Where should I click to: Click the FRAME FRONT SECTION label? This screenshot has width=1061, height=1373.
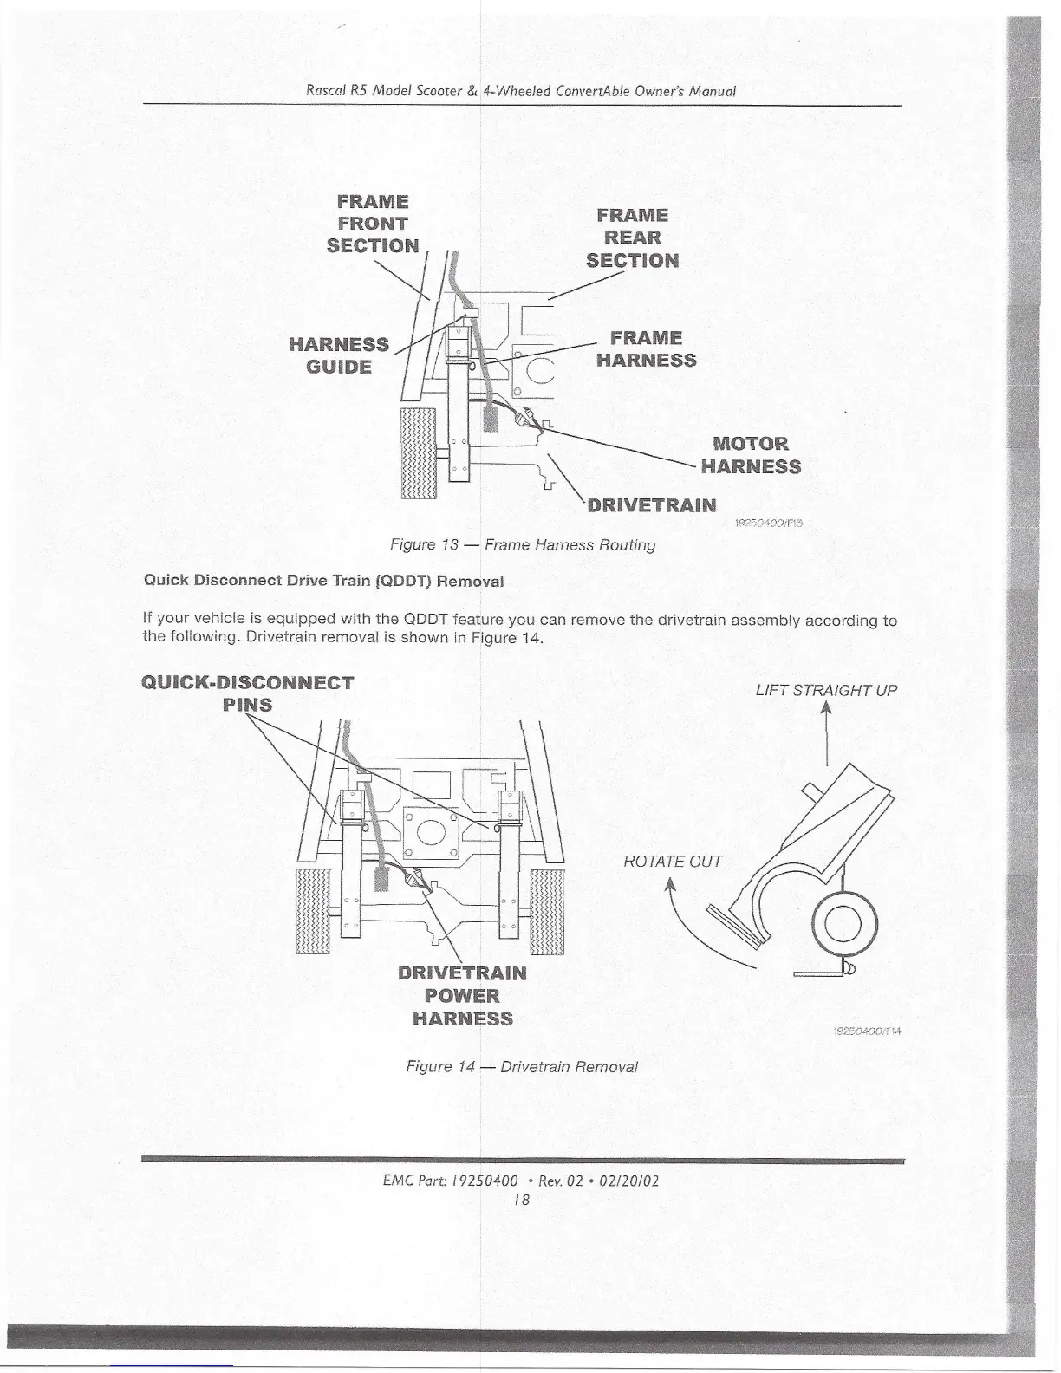[x=372, y=224]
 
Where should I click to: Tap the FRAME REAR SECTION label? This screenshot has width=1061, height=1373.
[x=632, y=238]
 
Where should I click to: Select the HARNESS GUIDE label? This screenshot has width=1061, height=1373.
[x=339, y=355]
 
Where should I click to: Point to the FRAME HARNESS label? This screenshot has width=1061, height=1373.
[x=646, y=349]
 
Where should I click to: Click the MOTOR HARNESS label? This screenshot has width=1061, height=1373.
[x=751, y=456]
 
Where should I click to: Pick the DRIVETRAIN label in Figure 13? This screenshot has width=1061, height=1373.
[x=652, y=505]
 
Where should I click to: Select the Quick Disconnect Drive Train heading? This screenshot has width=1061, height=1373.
[x=323, y=581]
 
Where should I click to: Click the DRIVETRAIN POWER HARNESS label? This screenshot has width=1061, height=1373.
[x=462, y=995]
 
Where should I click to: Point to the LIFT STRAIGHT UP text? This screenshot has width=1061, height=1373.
[x=826, y=691]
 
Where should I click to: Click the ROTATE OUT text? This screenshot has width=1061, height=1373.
[x=673, y=861]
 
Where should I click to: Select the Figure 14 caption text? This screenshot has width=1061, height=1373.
[x=522, y=1066]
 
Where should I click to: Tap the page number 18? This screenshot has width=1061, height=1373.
[x=521, y=1201]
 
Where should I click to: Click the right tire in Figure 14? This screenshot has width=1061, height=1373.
[x=547, y=910]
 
